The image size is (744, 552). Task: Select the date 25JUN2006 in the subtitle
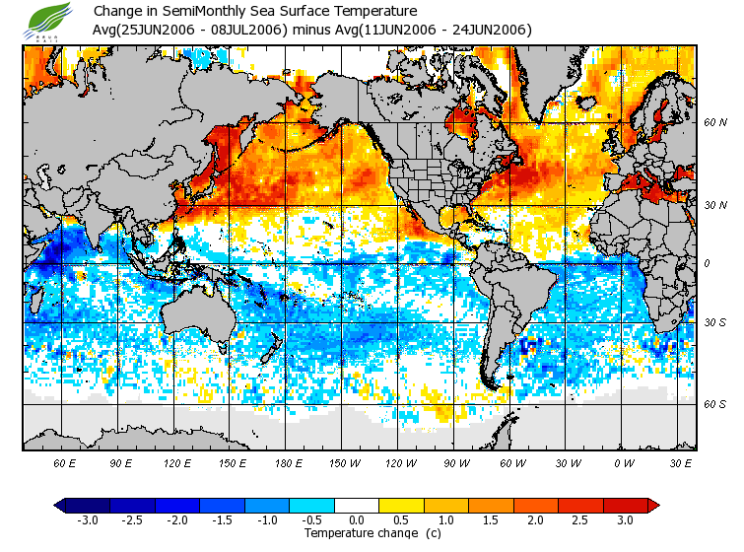point(160,30)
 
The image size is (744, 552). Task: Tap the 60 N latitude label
point(714,122)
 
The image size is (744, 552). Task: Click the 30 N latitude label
point(714,204)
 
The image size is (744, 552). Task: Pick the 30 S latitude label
point(714,322)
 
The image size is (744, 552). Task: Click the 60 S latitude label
point(714,404)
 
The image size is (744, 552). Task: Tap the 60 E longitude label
point(64,462)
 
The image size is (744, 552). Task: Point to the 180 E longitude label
point(289,462)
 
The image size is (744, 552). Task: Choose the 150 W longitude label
point(344,462)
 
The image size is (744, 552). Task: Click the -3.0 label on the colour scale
point(88,519)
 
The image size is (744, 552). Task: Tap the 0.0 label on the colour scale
point(356,519)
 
